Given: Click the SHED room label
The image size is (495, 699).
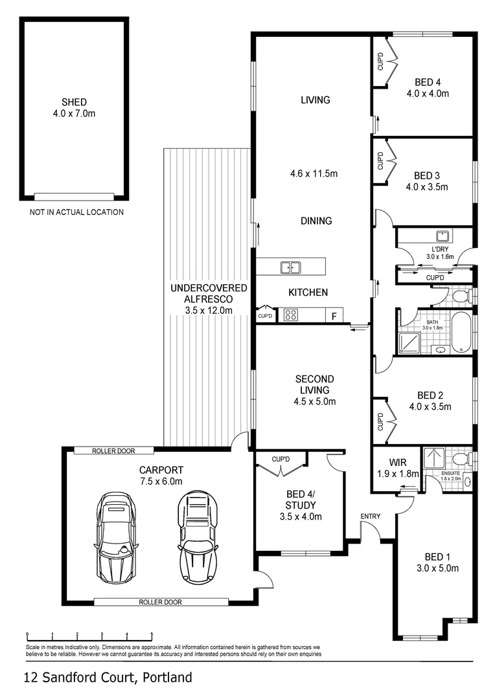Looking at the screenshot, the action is click(74, 102).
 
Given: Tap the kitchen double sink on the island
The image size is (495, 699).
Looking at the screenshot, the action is click(290, 267).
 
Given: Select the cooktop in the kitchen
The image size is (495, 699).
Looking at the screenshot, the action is click(290, 315).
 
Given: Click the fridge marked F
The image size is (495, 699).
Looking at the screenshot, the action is click(334, 315).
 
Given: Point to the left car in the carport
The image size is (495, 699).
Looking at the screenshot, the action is click(115, 538).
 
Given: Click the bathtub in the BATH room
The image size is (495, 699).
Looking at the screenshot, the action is click(461, 333).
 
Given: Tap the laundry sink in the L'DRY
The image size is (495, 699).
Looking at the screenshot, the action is click(443, 236).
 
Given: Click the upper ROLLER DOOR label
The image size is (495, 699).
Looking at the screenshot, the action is click(113, 450).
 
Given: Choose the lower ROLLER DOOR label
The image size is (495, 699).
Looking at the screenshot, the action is click(160, 602).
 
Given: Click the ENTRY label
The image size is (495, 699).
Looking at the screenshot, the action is click(371, 516).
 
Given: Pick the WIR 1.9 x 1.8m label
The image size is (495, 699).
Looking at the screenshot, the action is click(398, 468).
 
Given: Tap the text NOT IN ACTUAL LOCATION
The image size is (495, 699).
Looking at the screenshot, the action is click(76, 212).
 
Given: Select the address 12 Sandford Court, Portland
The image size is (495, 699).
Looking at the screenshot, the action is click(108, 678).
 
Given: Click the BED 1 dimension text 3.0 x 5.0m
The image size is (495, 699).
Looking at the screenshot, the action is click(437, 568).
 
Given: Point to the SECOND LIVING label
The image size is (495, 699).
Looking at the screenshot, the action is click(315, 384).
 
